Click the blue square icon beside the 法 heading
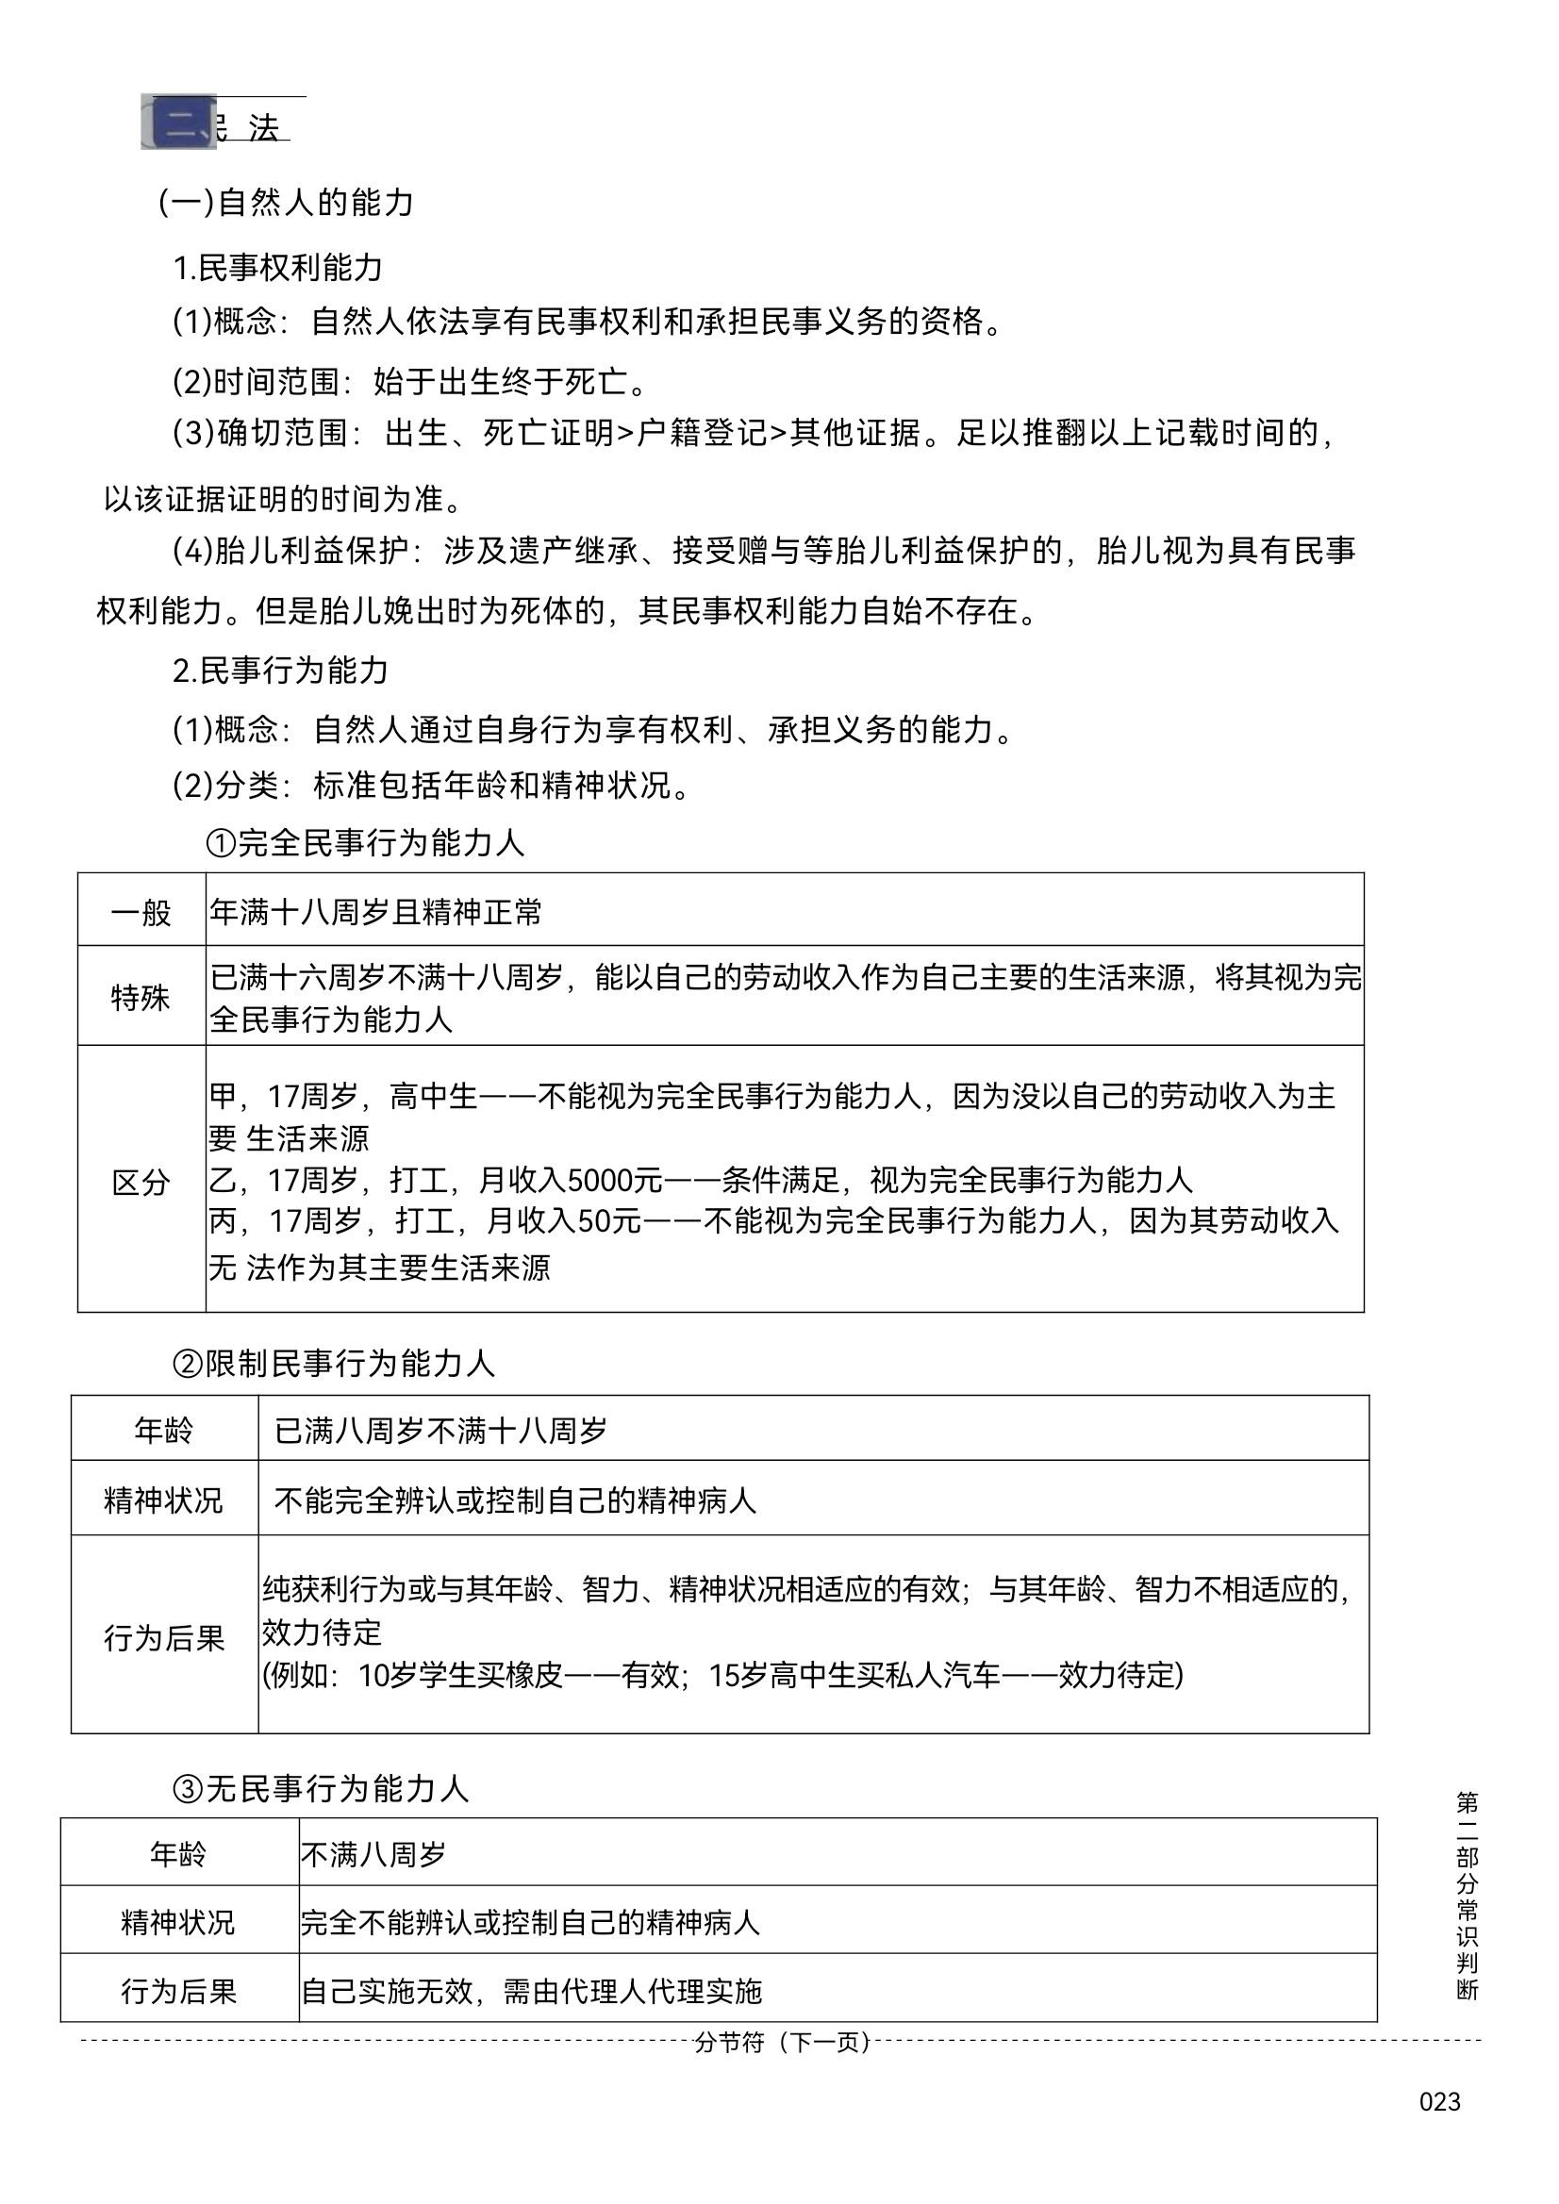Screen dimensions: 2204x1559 pos(179,123)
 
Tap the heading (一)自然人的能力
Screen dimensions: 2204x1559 pos(286,203)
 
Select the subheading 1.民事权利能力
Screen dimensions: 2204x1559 pos(277,268)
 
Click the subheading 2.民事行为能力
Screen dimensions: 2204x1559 pos(280,670)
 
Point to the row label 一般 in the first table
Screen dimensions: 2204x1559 pos(141,911)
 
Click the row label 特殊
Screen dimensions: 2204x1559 pos(141,998)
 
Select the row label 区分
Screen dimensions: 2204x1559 pos(141,1182)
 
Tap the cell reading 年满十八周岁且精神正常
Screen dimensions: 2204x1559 pos(376,911)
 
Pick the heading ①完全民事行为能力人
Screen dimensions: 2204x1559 pos(365,843)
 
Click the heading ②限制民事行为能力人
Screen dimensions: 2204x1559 pos(333,1363)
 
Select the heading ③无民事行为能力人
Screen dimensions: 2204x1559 pos(320,1788)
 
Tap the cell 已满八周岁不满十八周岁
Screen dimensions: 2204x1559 pos(440,1432)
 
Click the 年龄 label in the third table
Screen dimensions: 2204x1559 pos(178,1853)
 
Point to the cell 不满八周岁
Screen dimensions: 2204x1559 pos(373,1853)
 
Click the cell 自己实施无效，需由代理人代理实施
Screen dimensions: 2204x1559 pos(531,1991)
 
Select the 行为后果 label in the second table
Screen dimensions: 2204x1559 pos(164,1637)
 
